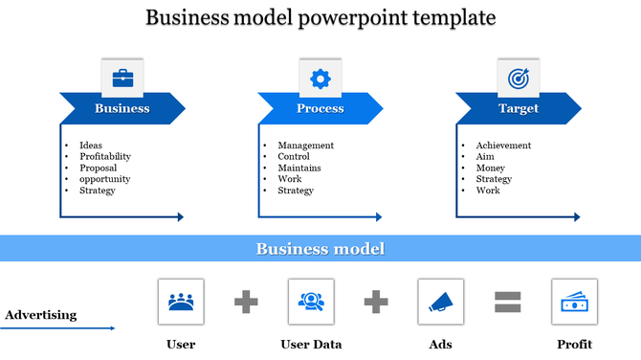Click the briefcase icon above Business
pos(122,78)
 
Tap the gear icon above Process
pos(320,78)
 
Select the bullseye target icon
pos(518,78)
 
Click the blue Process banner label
pos(320,108)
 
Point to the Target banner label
pos(519,108)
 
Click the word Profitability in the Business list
pos(105,156)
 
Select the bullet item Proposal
pos(99,168)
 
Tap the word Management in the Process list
pos(305,146)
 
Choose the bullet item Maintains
pos(299,168)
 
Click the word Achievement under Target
pos(503,146)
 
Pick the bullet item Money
pos(490,168)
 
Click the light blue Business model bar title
pos(320,249)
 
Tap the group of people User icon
pos(180,302)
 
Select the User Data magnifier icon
pos(311,302)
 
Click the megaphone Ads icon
pos(441,302)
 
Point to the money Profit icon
pos(574,302)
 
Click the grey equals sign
pos(507,302)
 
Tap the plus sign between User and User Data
pos(246,302)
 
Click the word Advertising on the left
pos(41,315)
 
